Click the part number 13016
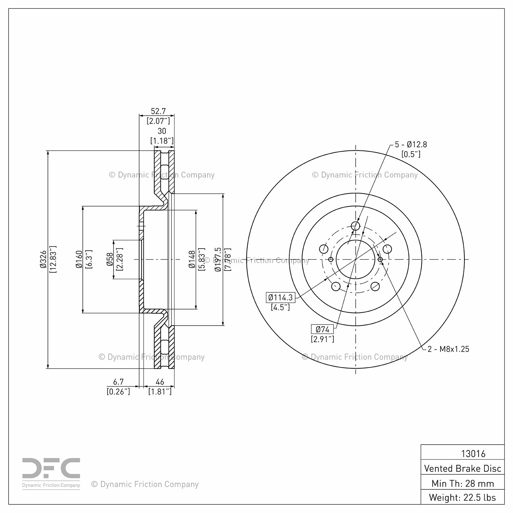pos(473,453)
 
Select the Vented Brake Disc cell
pos(462,468)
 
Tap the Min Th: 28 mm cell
pos(462,483)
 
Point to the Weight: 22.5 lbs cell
pos(462,497)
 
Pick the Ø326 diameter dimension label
pos(43,259)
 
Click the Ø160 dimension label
pos(79,259)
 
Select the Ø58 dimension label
pos(110,259)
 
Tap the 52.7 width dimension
pos(158,111)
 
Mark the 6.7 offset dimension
pos(118,382)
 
